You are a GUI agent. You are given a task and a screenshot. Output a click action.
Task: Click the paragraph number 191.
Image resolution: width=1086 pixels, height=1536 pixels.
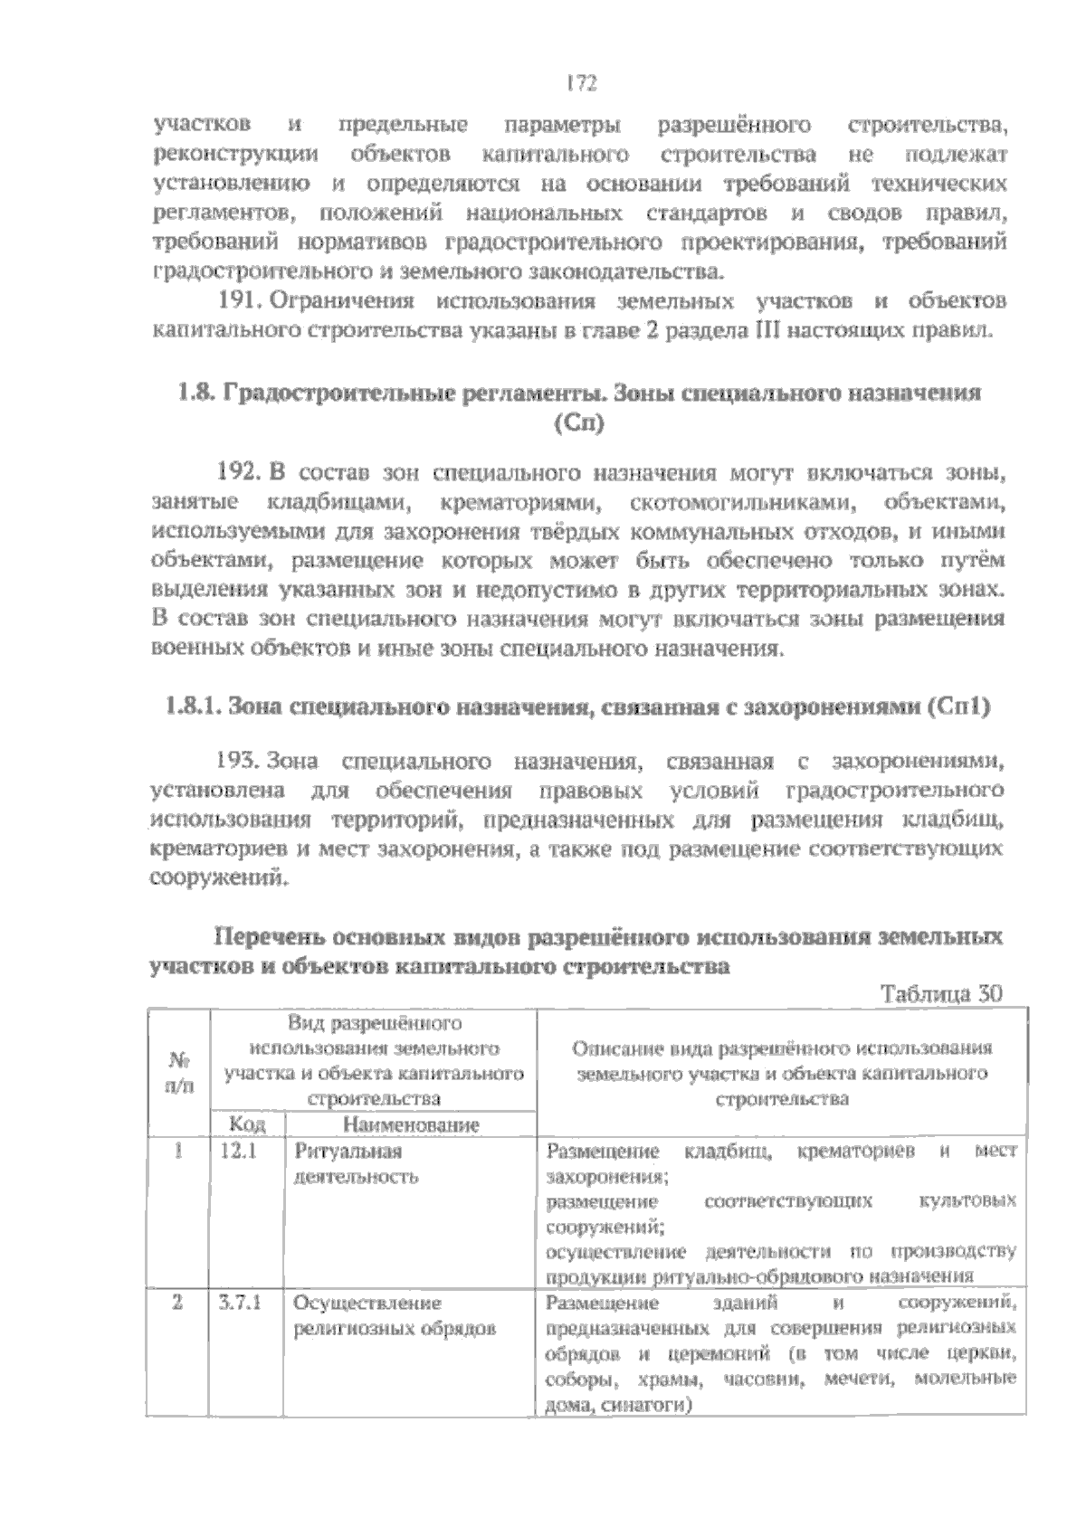[x=240, y=301]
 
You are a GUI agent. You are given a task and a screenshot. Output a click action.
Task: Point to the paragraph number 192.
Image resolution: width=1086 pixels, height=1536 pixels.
[x=240, y=472]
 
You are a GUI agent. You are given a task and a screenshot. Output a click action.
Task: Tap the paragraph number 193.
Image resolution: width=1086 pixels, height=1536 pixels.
[x=240, y=761]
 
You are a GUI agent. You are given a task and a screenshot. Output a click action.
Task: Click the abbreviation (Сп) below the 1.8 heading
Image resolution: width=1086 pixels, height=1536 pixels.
[x=577, y=422]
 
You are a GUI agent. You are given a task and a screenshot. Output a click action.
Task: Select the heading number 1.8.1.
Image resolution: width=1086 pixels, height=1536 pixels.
[x=193, y=707]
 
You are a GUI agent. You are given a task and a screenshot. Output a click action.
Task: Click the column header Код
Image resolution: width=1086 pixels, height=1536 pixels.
[x=246, y=1124]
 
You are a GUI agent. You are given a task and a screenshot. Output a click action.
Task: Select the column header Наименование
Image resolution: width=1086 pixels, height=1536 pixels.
[x=409, y=1124]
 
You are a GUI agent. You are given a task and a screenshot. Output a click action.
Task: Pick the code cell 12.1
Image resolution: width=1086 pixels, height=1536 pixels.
[x=238, y=1152]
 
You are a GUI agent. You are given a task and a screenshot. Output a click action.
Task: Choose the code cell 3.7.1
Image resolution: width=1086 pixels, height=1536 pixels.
[x=240, y=1304]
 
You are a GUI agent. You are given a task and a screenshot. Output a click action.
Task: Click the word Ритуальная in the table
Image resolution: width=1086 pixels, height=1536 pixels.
[x=348, y=1152]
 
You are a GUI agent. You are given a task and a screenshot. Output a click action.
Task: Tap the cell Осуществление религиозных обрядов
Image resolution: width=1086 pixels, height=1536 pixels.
[x=393, y=1316]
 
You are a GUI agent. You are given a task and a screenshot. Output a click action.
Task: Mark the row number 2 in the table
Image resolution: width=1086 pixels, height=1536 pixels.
[x=178, y=1304]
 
